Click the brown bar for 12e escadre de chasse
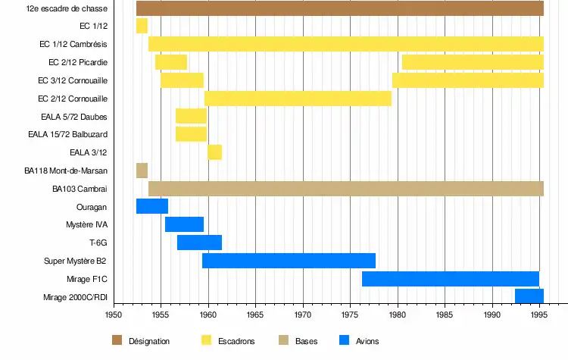pos(339,8)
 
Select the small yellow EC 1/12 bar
pos(142,27)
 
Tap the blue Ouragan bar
pos(151,206)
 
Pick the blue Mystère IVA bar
pos(184,224)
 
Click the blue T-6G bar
pos(199,243)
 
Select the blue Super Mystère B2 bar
pos(289,261)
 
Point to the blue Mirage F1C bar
pos(450,279)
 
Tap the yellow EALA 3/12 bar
pos(214,152)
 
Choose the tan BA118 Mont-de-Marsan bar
pos(142,171)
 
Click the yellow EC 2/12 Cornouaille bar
pos(298,99)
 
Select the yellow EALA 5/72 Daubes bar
pos(191,116)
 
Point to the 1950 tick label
pos(114,314)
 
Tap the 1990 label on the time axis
pos(492,314)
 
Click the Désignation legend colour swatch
pos(117,340)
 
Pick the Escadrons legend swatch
pos(206,340)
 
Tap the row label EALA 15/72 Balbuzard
pos(67,134)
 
